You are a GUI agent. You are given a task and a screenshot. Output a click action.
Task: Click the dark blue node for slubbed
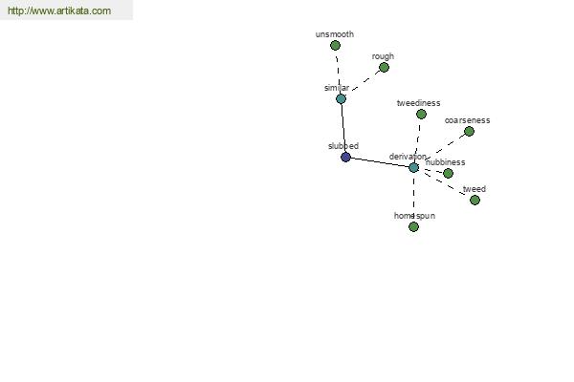coord(345,158)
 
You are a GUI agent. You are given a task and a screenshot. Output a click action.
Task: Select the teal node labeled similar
coord(341,98)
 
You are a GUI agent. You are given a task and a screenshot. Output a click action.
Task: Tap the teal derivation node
coord(413,168)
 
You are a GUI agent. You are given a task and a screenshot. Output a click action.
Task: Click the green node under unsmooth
coord(335,45)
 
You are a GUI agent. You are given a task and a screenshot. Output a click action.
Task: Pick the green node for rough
coord(384,67)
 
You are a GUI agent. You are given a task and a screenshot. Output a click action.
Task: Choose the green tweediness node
coord(421,115)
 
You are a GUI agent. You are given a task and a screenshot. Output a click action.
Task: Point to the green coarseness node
coord(469,131)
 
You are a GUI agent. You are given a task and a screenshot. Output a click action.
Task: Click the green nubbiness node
coord(448,173)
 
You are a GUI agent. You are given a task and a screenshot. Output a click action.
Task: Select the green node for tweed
coord(475,200)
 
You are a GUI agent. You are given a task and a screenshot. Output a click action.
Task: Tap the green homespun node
coord(413,227)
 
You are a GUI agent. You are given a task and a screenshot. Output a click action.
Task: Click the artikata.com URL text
coord(59,11)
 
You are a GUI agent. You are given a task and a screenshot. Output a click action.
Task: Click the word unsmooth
coord(335,34)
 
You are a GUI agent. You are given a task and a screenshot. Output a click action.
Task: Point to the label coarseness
coord(467,120)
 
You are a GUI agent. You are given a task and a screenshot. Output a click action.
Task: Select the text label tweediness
coord(418,103)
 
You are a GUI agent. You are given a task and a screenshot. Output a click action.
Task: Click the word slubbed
coord(343,146)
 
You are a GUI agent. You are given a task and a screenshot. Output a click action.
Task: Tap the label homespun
coord(415,216)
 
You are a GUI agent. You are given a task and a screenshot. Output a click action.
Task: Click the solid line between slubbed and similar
coord(343,128)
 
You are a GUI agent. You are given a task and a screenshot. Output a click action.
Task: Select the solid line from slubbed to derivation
coord(380,162)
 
